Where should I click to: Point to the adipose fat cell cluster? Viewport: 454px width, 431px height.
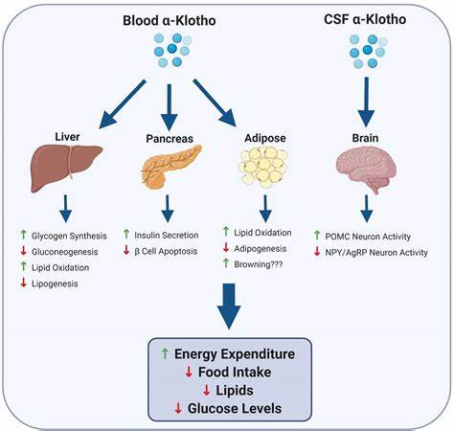263,167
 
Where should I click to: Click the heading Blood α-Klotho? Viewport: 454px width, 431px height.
170,21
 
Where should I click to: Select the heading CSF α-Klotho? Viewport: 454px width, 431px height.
365,19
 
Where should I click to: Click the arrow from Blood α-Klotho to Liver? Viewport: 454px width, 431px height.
123,104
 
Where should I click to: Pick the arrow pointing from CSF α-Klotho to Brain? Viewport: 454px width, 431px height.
367,102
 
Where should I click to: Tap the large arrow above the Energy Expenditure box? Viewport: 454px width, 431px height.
229,306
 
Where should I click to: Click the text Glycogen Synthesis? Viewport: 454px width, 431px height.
69,236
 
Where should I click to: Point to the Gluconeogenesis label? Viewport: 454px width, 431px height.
64,252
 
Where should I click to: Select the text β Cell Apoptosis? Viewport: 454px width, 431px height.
166,251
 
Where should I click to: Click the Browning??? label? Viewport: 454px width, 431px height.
259,264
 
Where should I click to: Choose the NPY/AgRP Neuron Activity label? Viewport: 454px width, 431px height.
376,253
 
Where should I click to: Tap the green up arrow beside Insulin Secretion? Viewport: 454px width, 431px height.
126,234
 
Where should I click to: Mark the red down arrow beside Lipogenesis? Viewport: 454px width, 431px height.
23,283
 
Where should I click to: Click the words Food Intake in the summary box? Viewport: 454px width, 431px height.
235,373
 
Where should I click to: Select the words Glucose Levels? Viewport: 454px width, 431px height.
235,408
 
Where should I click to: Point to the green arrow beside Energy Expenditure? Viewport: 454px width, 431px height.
165,353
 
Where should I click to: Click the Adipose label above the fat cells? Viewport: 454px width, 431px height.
265,138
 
